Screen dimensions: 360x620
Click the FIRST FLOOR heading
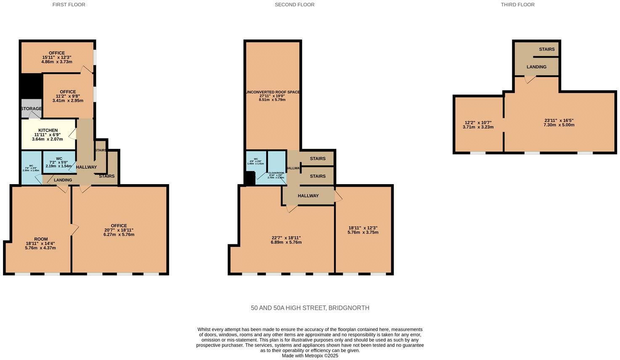(x=69, y=5)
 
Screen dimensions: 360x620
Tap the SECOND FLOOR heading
(x=294, y=5)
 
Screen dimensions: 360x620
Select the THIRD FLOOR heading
(x=517, y=5)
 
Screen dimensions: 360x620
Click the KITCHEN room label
(x=48, y=130)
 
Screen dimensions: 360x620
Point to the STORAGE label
(x=32, y=109)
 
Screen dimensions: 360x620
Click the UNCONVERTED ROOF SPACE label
(x=273, y=92)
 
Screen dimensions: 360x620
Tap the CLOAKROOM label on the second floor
(x=276, y=173)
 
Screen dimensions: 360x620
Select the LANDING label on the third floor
(x=536, y=67)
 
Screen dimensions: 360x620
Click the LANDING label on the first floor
(x=63, y=180)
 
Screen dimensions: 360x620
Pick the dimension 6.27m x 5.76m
(x=119, y=235)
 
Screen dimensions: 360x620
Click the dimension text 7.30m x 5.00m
(x=559, y=125)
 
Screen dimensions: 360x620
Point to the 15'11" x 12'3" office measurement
(x=57, y=58)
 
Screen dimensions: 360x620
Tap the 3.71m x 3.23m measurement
(x=478, y=127)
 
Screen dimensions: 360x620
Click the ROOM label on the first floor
(x=41, y=239)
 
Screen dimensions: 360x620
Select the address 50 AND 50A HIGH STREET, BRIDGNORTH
(x=310, y=308)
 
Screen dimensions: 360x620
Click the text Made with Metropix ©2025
(x=310, y=355)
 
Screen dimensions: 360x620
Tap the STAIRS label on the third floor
(x=546, y=49)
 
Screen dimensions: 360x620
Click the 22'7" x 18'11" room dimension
(x=286, y=238)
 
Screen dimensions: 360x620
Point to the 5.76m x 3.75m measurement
(x=363, y=232)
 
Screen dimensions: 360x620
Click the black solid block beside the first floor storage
(x=31, y=86)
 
